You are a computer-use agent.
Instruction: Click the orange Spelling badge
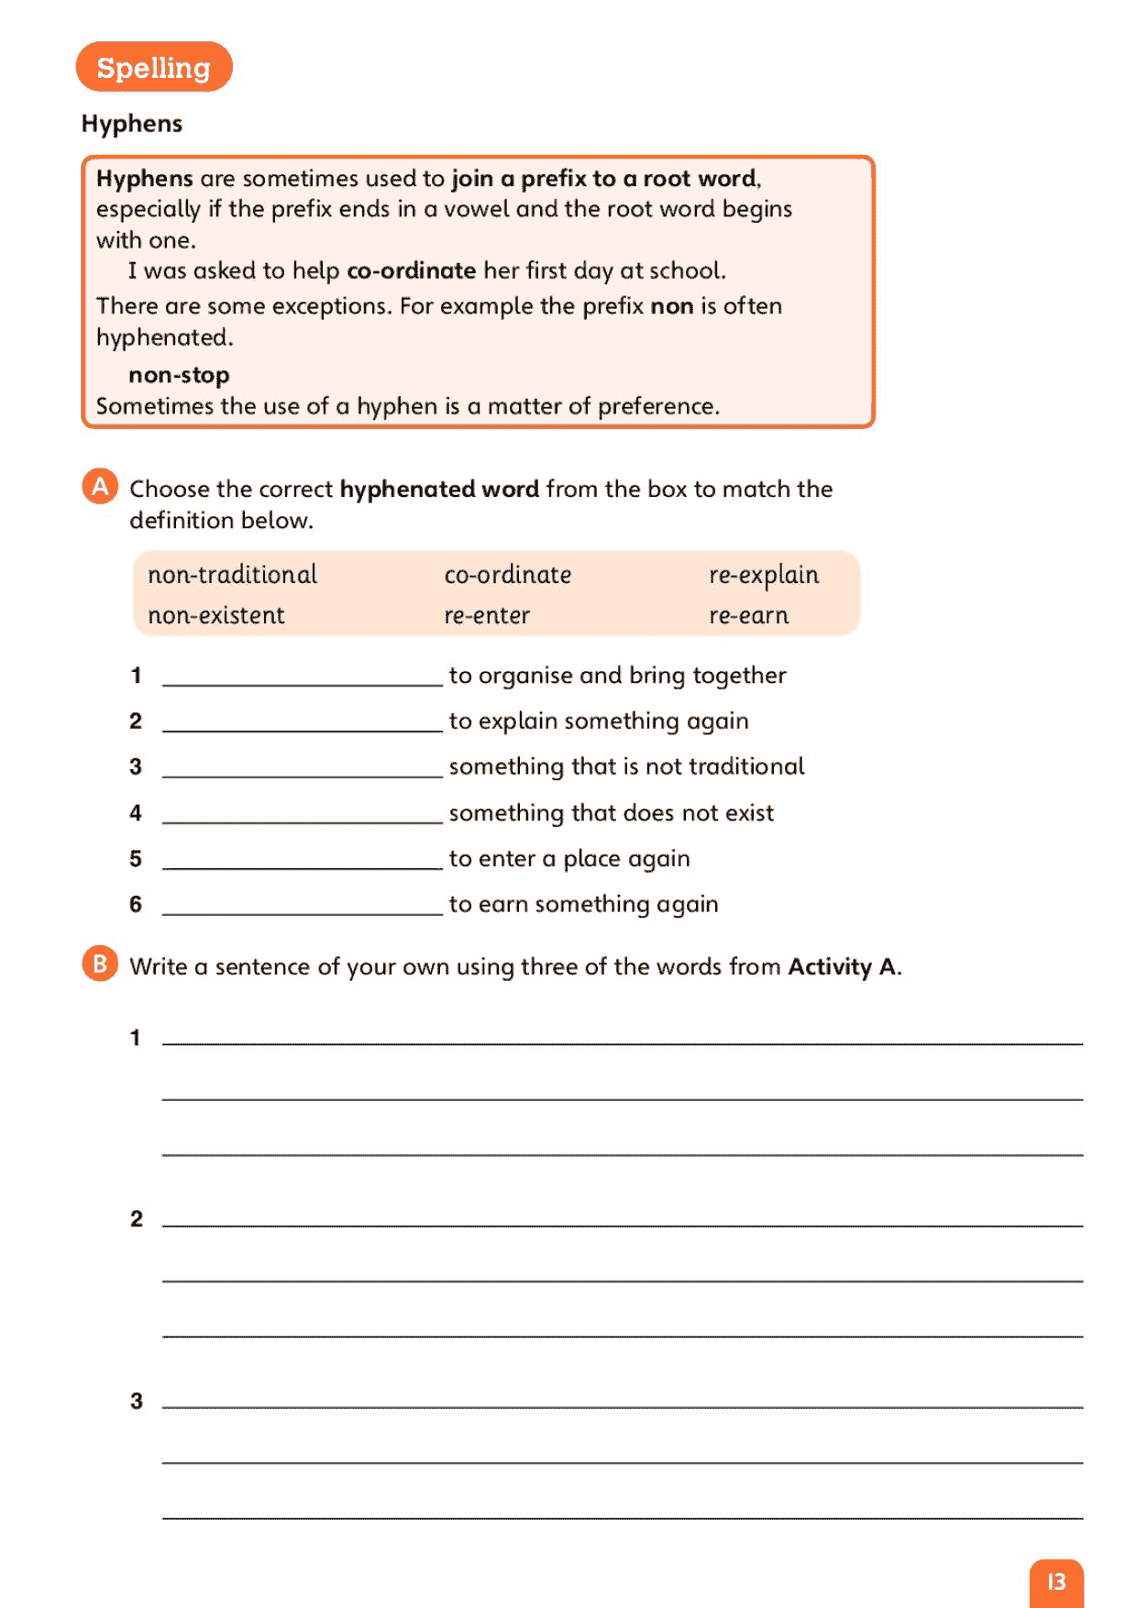coord(154,67)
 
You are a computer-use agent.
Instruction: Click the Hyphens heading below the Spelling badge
coord(132,124)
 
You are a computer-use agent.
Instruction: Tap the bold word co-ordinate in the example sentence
coord(411,270)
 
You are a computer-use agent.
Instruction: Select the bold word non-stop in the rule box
coord(179,375)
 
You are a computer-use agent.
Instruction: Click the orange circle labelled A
coord(100,486)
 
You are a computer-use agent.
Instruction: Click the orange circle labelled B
coord(100,964)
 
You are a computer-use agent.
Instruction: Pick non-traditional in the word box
coord(232,575)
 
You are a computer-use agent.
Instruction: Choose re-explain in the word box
coord(763,575)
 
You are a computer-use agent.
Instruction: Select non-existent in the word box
coord(216,615)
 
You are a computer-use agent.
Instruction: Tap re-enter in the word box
coord(487,615)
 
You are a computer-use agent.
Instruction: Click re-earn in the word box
coord(748,615)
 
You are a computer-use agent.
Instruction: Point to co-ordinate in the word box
coord(507,575)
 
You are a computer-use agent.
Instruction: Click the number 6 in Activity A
coord(136,905)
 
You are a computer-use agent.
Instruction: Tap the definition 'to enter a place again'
coord(568,859)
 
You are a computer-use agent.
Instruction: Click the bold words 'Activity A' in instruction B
coord(843,967)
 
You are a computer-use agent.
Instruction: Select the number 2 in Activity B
coord(137,1219)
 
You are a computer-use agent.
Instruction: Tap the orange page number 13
coord(1056,1581)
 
